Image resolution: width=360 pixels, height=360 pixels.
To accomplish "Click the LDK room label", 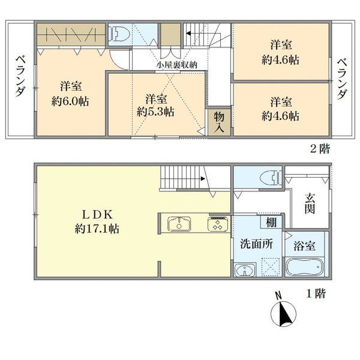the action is coord(97,215).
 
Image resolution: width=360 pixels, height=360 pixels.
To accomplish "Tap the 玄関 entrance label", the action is coord(310,203).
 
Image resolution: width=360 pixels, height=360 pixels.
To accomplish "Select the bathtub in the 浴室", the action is coord(304,266).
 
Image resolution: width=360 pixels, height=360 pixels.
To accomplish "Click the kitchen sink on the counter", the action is coord(179,224).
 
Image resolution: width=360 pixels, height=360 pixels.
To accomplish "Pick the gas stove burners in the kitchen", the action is coord(218,224).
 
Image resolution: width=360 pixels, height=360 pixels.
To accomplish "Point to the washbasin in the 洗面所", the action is coord(245,269).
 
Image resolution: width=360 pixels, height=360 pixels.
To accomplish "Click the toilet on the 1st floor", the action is coord(271,178).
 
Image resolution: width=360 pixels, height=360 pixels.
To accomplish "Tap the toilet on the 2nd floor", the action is coord(119,33).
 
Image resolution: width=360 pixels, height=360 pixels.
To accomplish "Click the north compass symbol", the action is coord(283,310).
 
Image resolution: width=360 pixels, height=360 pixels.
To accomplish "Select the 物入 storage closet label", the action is coord(219,122).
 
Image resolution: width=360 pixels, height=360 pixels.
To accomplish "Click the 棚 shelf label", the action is coord(271,222).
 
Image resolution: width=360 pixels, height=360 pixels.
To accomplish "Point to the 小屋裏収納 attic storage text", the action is coord(177,65).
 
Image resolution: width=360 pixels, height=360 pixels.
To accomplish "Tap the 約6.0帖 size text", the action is coord(70,101).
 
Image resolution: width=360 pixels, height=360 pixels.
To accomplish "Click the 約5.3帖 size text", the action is coord(155,112).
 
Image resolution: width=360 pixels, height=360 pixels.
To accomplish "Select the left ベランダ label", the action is coord(20,76).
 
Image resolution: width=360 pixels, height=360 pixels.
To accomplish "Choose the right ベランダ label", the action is coord(342,79).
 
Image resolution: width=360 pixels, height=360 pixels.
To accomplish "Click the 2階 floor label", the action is coord(320,149).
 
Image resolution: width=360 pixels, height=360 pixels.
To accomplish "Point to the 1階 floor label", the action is coord(316,293).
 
